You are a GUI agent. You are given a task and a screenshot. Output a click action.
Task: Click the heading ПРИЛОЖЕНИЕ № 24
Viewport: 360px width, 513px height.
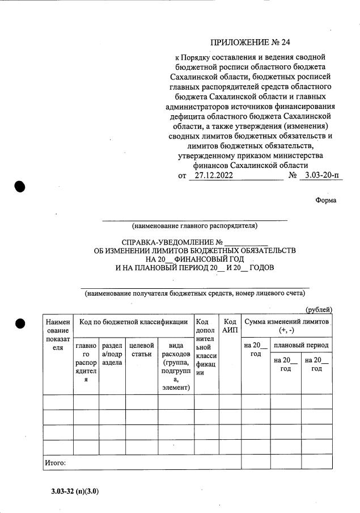click(x=253, y=43)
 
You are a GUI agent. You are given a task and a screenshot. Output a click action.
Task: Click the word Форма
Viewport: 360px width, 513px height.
click(x=325, y=200)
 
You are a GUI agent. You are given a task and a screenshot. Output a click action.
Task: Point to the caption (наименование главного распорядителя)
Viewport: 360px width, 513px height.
click(x=194, y=226)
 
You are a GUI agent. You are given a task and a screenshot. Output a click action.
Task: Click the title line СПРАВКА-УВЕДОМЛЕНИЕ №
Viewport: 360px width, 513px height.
click(x=194, y=243)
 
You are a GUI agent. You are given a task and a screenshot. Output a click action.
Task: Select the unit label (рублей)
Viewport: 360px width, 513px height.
click(x=319, y=309)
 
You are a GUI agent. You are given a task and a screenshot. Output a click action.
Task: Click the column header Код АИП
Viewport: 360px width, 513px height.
click(x=230, y=326)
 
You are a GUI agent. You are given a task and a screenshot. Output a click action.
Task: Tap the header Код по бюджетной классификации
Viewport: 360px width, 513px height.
click(x=133, y=322)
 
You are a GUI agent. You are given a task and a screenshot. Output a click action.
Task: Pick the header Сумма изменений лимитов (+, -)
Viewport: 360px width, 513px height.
click(x=286, y=326)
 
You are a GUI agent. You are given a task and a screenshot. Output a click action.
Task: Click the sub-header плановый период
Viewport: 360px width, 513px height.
click(x=301, y=345)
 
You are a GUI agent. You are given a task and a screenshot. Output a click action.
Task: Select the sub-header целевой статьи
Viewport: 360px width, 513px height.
click(x=141, y=350)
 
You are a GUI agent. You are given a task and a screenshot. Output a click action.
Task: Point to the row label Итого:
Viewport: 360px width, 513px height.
click(x=56, y=463)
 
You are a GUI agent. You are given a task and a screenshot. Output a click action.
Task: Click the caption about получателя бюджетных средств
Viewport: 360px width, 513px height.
click(x=194, y=293)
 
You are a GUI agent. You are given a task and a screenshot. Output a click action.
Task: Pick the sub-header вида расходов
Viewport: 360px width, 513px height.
click(x=175, y=366)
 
